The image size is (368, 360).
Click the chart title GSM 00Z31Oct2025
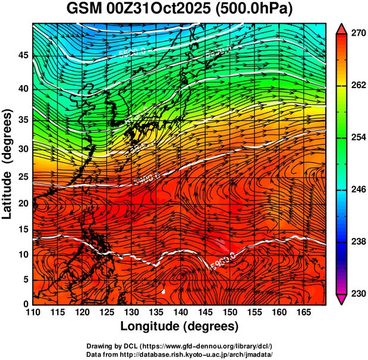coord(184,10)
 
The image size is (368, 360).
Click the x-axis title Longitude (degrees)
coord(180,326)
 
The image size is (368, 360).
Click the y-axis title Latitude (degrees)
coord(8,164)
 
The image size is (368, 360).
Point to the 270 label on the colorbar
coord(357,34)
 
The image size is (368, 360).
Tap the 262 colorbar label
coord(357,86)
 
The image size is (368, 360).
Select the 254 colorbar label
coord(357,137)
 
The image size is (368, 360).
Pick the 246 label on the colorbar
coord(357,190)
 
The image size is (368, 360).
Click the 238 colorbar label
coord(357,242)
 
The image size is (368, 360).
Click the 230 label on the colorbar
coord(357,293)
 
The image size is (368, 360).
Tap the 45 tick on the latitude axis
coord(23,56)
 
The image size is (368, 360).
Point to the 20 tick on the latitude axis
coord(23,204)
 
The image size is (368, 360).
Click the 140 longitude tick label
coord(179,312)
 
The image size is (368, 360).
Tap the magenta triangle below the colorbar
coord(342,299)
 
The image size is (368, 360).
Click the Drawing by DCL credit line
coord(179,346)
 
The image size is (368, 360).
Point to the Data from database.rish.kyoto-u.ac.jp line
coord(179,354)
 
